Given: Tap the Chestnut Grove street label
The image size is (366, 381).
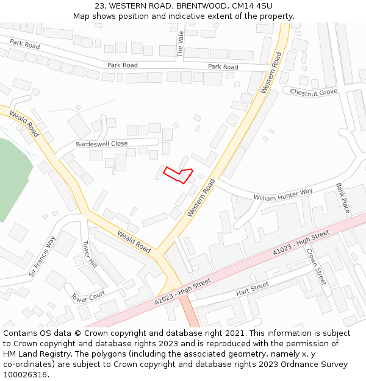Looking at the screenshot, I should (314, 92).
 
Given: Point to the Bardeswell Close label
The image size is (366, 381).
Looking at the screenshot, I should (102, 144).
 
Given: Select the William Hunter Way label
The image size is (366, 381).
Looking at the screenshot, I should (283, 194).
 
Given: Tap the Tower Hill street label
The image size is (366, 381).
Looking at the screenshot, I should (90, 254).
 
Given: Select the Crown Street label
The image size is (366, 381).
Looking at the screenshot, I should (316, 266).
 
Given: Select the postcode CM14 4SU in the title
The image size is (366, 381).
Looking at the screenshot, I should (253, 6).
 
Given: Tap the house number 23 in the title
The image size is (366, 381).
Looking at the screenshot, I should (99, 6).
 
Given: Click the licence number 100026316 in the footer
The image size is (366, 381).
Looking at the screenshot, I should (25, 374).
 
